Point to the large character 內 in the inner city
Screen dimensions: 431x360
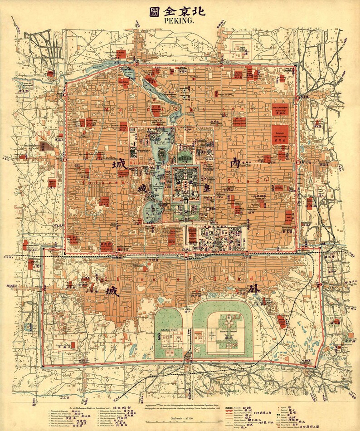235,164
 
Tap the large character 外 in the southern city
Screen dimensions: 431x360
255,289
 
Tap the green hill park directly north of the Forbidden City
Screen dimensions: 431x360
184,157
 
